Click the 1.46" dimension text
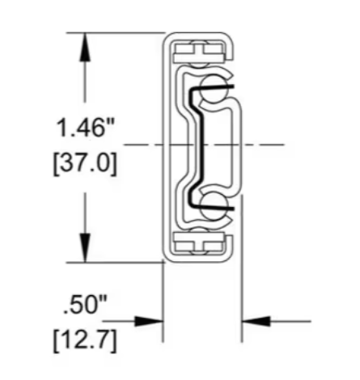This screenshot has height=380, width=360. pyautogui.click(x=85, y=128)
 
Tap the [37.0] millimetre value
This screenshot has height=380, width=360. pyautogui.click(x=85, y=164)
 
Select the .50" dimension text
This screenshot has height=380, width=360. pyautogui.click(x=85, y=305)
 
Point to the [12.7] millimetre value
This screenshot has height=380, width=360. pyautogui.click(x=85, y=340)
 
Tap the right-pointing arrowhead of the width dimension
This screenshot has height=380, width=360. pyautogui.click(x=149, y=321)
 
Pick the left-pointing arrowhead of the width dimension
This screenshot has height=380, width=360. pyautogui.click(x=256, y=321)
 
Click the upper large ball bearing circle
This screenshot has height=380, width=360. pyautogui.click(x=214, y=88)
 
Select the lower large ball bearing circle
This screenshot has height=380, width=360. pyautogui.click(x=214, y=206)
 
